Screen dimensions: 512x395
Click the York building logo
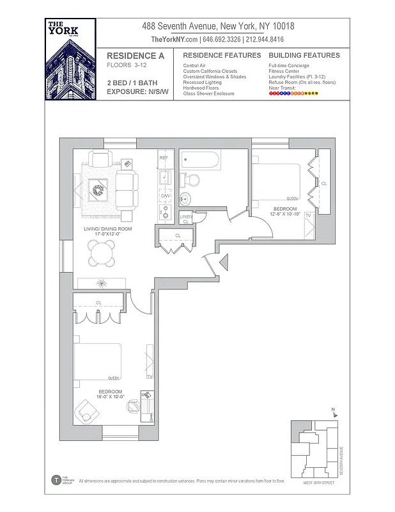coord(70,59)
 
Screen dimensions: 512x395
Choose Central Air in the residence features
coord(194,66)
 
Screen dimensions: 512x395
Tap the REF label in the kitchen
coord(164,157)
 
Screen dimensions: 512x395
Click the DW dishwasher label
coord(164,195)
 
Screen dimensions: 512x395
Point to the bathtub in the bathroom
coord(199,160)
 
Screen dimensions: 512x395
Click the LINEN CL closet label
coord(186,219)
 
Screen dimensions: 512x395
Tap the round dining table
coord(102,256)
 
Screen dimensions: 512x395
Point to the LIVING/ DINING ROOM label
coord(107,228)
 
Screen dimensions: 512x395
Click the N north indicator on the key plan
coord(333,409)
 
